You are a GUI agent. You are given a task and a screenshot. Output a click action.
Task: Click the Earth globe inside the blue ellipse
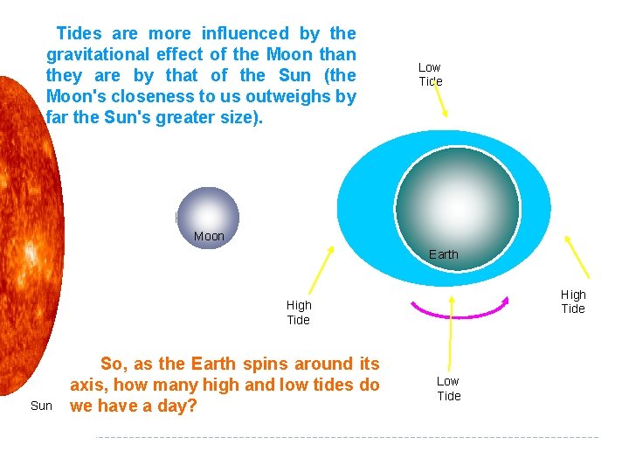click(x=458, y=205)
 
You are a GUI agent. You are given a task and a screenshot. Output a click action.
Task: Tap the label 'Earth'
click(x=443, y=254)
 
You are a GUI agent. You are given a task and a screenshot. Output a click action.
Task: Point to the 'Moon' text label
click(x=209, y=236)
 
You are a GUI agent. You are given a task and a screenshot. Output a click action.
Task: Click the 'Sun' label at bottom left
click(x=41, y=406)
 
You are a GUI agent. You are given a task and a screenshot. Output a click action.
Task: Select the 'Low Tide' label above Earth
click(x=430, y=74)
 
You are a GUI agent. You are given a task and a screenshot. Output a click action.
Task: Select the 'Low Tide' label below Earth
click(x=449, y=388)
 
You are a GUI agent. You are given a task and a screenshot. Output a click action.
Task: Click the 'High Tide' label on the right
click(x=573, y=302)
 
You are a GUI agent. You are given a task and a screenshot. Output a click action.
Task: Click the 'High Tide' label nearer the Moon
click(x=299, y=312)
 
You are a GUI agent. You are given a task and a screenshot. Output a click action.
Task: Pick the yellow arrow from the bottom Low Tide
click(x=450, y=332)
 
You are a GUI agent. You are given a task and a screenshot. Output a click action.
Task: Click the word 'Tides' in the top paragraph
click(x=79, y=34)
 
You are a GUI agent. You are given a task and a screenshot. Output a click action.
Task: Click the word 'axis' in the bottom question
click(x=86, y=385)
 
